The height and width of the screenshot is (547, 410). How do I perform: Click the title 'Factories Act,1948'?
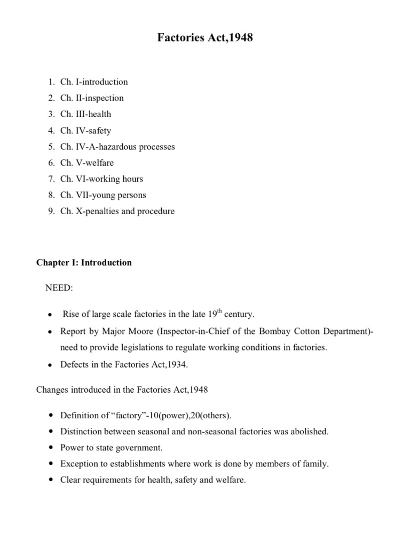click(204, 38)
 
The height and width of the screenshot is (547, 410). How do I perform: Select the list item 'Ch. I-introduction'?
click(94, 82)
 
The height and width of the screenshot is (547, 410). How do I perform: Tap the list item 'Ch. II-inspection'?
click(92, 98)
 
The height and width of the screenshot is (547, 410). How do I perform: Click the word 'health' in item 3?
click(99, 114)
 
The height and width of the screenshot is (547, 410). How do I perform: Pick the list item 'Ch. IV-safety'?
click(85, 130)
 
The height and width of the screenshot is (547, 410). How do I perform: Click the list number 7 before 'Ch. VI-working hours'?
click(50, 179)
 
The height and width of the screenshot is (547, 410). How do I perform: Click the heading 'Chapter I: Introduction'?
click(84, 263)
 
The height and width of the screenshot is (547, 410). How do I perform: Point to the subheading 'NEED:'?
click(59, 288)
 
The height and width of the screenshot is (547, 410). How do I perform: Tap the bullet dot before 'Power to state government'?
click(50, 448)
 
